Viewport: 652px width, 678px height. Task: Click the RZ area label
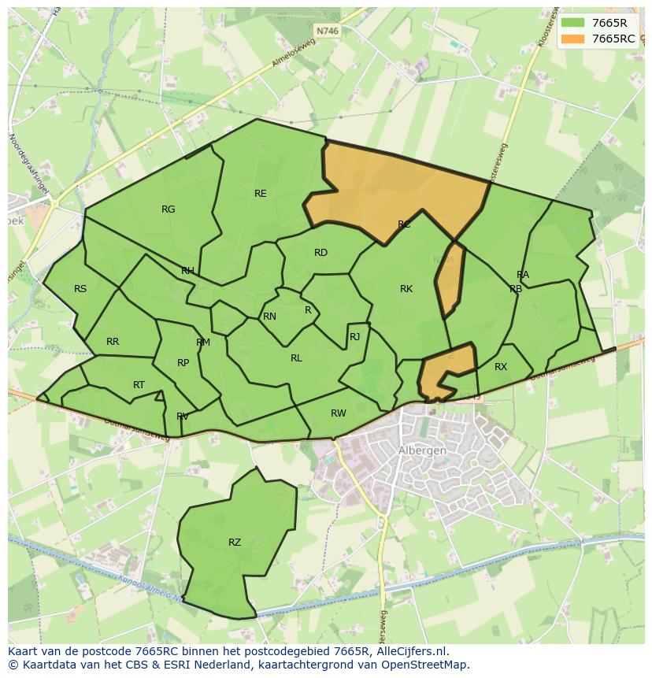235,543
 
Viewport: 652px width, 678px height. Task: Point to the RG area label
168,209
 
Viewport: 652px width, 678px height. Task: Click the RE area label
260,194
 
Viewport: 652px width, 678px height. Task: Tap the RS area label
80,289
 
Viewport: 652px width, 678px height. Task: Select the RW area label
338,413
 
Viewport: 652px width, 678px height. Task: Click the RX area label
501,367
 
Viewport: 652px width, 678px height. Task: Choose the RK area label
406,289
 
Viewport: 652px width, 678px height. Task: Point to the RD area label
320,253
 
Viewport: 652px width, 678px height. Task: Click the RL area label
296,358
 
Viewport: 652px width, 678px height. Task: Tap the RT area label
139,385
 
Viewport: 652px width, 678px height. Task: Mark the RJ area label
354,337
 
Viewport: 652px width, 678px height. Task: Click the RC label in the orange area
404,225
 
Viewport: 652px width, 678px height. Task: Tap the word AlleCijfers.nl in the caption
413,651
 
